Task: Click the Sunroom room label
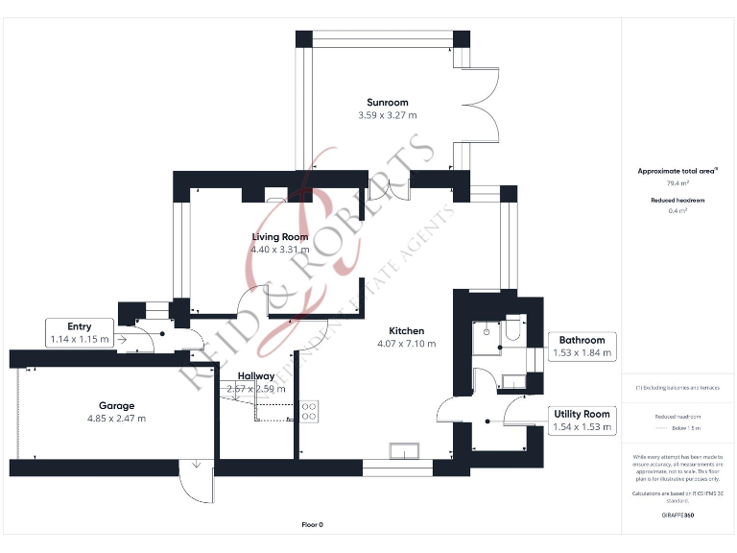click(388, 103)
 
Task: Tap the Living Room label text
click(280, 237)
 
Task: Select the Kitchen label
click(407, 330)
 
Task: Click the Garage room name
click(116, 405)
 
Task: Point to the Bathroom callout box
click(580, 346)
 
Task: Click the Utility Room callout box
click(582, 421)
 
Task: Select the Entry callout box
click(80, 333)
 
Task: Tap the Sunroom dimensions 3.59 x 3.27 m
click(388, 115)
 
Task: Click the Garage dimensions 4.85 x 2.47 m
click(116, 418)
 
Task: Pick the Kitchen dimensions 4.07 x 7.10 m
click(407, 343)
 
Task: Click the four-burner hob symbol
click(310, 411)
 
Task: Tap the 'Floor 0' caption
click(313, 525)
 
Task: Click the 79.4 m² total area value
click(666, 181)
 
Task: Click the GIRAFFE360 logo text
click(678, 516)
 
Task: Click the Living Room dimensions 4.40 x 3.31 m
click(280, 250)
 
